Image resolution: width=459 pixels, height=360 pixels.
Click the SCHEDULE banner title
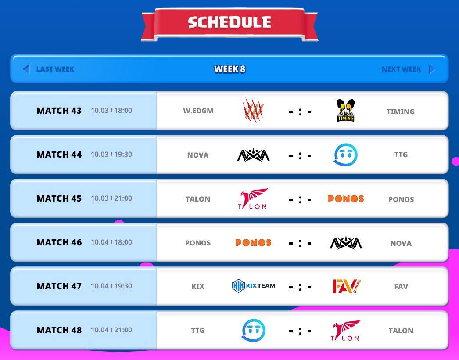[x=229, y=22]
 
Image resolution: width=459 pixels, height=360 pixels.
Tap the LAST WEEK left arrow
[x=26, y=69]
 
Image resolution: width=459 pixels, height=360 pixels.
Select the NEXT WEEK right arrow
[x=431, y=69]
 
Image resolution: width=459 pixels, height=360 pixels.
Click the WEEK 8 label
[x=229, y=69]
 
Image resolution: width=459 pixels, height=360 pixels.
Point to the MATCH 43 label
[x=59, y=111]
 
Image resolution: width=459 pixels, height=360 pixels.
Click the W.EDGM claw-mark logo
[x=253, y=110]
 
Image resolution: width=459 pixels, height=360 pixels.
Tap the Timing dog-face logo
[x=345, y=111]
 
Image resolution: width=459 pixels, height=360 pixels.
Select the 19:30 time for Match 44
[x=123, y=155]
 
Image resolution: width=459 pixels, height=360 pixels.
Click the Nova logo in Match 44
[x=253, y=155]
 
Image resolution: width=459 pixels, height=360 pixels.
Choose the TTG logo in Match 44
[x=346, y=155]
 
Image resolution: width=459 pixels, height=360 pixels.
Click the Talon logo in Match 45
[x=253, y=198]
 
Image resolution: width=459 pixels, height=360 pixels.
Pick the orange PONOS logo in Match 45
[x=346, y=198]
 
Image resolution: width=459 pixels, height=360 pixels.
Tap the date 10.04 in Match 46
[x=100, y=242]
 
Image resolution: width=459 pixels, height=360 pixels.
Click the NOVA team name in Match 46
[x=401, y=243]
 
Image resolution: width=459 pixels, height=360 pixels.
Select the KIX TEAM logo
[x=253, y=286]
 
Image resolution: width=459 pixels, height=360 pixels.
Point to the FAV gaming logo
[x=347, y=286]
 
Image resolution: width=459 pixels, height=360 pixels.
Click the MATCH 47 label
[x=59, y=286]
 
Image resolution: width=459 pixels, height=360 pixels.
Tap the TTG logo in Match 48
[x=254, y=331]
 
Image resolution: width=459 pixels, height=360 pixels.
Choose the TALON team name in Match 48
[x=401, y=331]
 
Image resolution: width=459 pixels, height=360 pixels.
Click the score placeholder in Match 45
[x=300, y=199]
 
